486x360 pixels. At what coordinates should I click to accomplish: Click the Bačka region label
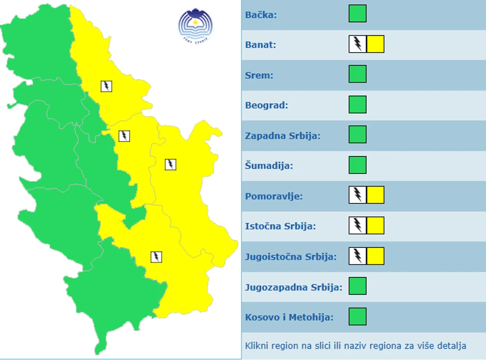coord(261,14)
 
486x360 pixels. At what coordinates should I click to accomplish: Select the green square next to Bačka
coord(357,14)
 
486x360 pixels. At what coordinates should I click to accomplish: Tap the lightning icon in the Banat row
coord(357,44)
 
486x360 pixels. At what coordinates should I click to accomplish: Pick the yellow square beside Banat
coord(375,44)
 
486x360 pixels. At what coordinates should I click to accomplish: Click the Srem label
coord(259,75)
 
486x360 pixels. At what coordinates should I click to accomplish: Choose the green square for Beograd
coord(357,105)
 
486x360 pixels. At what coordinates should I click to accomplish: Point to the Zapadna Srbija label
coord(283,136)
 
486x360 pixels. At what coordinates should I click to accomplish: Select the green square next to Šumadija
coord(357,165)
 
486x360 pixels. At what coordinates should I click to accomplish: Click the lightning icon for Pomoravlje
coord(357,195)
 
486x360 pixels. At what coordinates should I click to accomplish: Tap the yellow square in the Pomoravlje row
coord(375,195)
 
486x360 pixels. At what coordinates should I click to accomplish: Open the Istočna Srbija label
coord(280,226)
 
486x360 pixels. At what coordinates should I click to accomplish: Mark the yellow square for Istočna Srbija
coord(375,226)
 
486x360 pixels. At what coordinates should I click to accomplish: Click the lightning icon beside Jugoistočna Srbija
coord(357,256)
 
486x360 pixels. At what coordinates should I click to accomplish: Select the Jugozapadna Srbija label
coord(294,287)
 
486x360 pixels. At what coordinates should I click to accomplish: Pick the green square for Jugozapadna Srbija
coord(357,286)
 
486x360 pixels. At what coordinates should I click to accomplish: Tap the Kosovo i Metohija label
coord(289,317)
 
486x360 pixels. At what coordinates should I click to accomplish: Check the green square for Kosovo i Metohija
coord(357,316)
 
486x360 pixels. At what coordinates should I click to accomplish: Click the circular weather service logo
coord(195,25)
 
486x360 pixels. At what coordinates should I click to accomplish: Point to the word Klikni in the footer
coord(257,346)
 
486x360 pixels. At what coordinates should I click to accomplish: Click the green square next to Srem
coord(357,74)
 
